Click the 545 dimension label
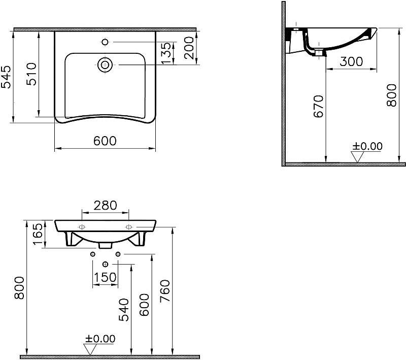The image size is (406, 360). pos(6,77)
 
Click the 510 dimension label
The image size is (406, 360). pos(32,74)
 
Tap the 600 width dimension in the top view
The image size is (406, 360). pos(105,141)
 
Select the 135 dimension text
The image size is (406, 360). pos(166,53)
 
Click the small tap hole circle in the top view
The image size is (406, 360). pos(105,42)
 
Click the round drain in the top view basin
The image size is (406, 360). pos(105,64)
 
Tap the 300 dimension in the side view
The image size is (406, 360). pos(351,61)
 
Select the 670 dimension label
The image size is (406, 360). pos(319,107)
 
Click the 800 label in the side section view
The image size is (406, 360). pos(391,95)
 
